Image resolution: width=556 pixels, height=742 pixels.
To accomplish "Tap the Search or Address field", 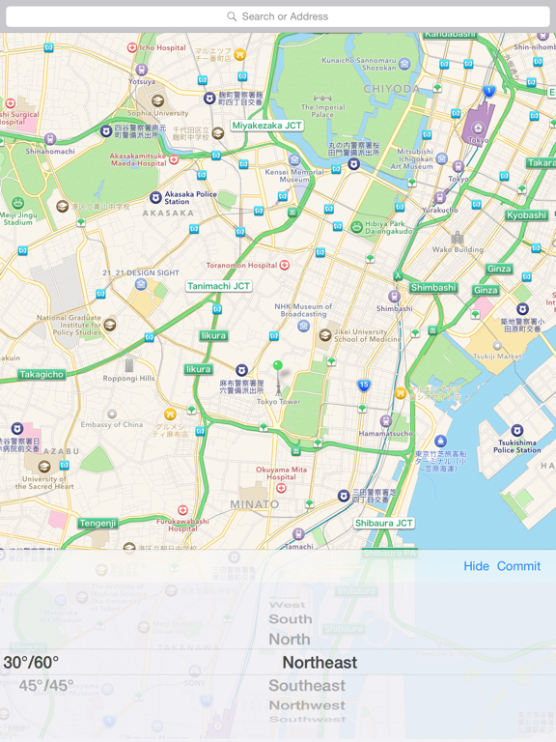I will [278, 16].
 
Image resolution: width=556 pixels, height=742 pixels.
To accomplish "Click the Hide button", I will [476, 566].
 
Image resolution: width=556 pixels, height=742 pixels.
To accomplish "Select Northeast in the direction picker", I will [320, 663].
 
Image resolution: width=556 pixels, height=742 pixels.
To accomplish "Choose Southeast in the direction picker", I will [307, 686].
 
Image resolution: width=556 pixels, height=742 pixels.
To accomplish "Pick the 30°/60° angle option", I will [31, 663].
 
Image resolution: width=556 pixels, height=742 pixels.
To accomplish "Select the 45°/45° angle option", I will [46, 686].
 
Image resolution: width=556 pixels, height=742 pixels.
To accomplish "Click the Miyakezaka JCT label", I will [267, 126].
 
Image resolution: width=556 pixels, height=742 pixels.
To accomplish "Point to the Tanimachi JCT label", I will [218, 286].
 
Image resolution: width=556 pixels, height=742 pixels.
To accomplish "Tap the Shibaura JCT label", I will [383, 523].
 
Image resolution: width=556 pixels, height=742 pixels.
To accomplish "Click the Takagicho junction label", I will [42, 374].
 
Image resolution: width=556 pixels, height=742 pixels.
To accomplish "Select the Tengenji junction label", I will [98, 524].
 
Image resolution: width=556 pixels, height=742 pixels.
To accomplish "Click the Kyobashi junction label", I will [526, 215].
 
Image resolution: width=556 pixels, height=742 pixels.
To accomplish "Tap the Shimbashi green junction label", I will [433, 288].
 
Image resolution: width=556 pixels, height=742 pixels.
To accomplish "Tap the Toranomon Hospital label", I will [242, 265].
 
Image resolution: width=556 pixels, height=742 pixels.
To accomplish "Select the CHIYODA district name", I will [391, 89].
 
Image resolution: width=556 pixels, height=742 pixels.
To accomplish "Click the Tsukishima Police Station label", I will [517, 445].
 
